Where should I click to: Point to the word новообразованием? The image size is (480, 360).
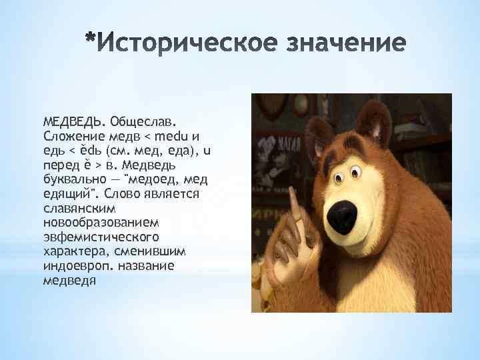93,221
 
